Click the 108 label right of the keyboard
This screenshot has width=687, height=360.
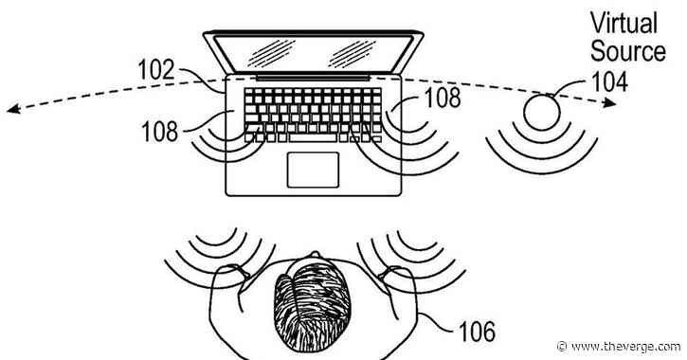tap(443, 97)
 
